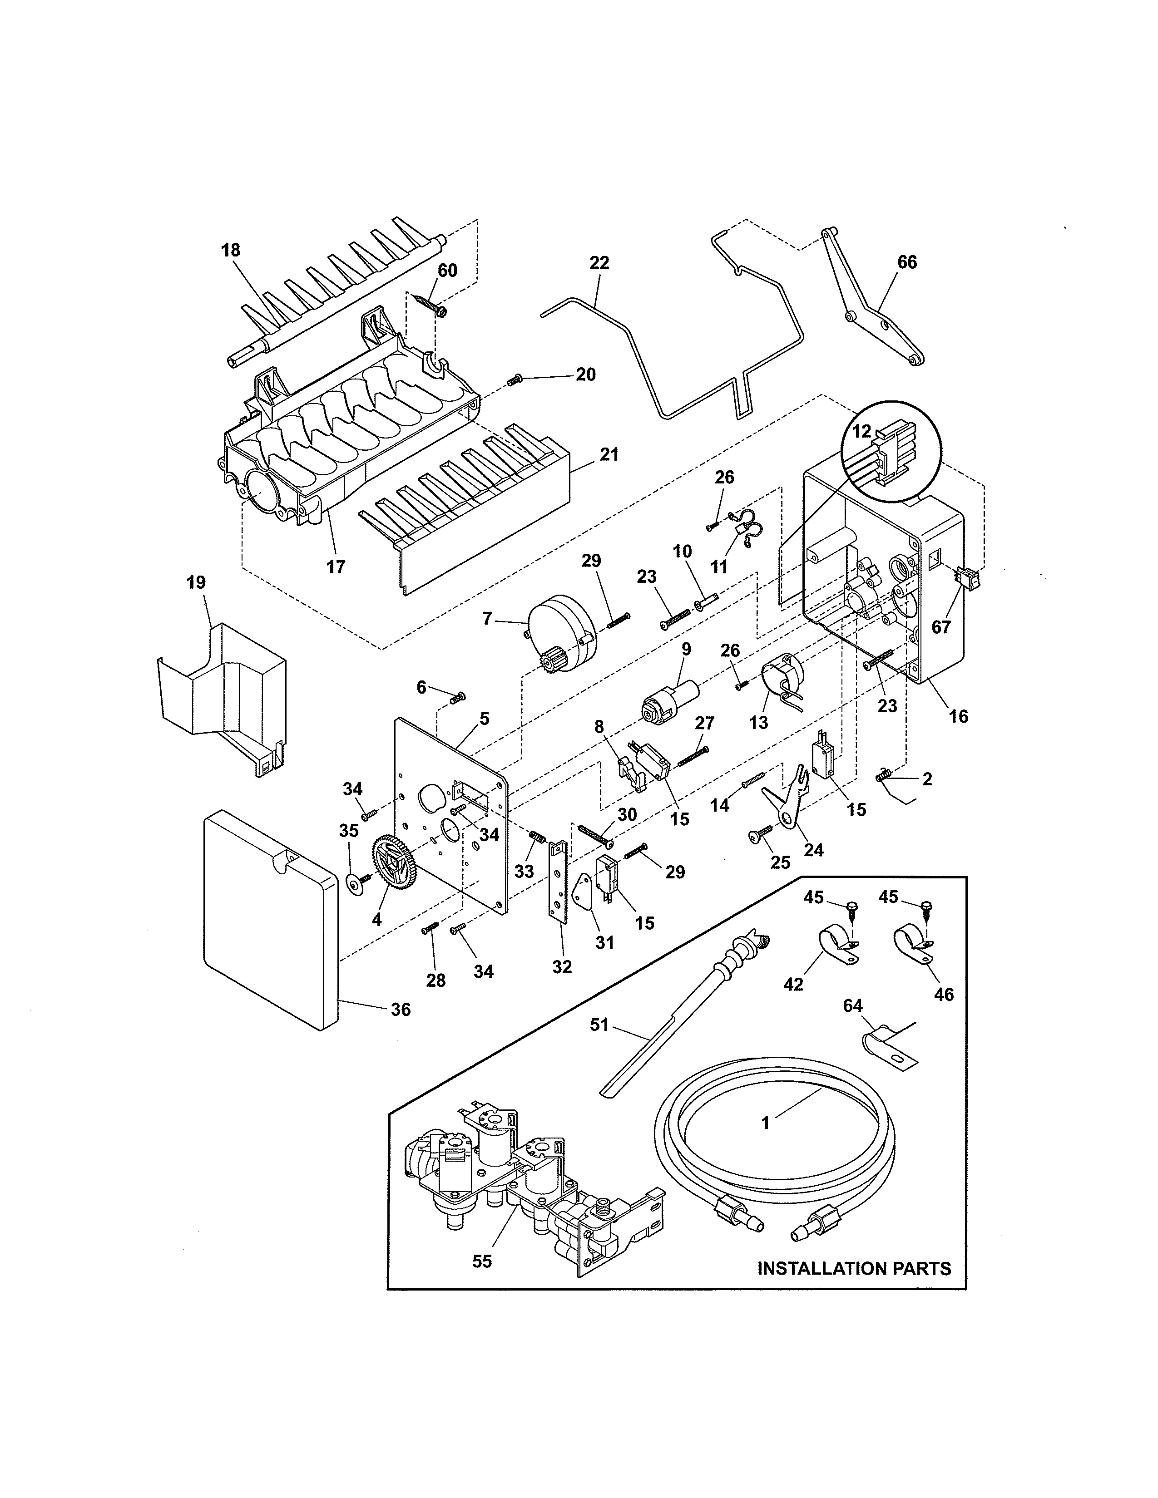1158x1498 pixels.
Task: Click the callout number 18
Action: pos(231,251)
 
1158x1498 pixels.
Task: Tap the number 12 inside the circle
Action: pos(861,431)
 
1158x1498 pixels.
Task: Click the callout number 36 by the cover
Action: pos(401,1009)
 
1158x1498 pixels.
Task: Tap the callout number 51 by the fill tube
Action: pos(599,1025)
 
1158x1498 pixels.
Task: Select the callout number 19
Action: pos(196,583)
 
